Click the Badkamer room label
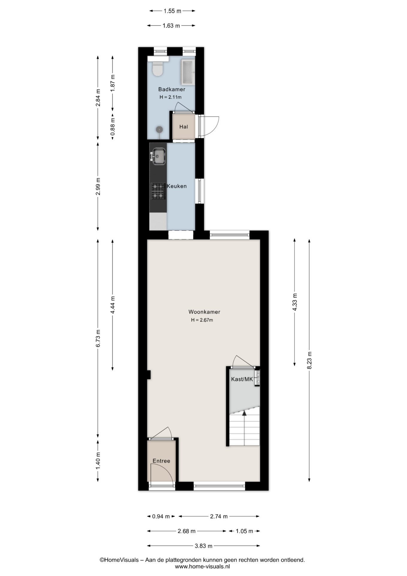(x=172, y=89)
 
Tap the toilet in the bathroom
(x=158, y=69)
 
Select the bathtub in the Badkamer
(x=188, y=72)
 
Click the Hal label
(x=184, y=127)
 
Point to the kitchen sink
(x=159, y=156)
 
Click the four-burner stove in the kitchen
(x=158, y=191)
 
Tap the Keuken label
(x=177, y=186)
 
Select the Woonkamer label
(x=204, y=312)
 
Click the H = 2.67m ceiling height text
(x=202, y=320)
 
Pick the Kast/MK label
(x=242, y=379)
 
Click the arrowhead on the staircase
(x=244, y=413)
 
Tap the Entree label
(x=161, y=461)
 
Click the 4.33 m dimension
(x=295, y=302)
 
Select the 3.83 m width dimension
(x=203, y=546)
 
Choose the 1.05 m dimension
(x=244, y=531)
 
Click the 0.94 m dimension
(x=161, y=516)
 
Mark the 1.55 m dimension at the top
(x=172, y=11)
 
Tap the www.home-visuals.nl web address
(x=202, y=566)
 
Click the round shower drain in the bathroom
(x=159, y=129)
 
